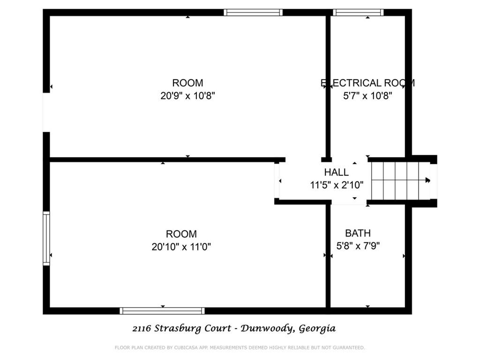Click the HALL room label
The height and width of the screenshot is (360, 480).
point(336,172)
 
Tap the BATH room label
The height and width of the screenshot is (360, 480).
point(358,233)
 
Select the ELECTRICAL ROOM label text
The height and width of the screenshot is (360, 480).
point(367,83)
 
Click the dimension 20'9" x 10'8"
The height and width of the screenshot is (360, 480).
point(187,96)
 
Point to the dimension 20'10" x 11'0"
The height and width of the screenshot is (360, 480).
point(181,247)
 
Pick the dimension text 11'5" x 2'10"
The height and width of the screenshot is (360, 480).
point(337,185)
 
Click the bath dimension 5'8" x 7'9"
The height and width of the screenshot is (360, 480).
point(358,245)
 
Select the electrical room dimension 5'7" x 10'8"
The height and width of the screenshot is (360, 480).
point(367,96)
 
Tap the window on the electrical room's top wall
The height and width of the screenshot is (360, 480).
point(358,13)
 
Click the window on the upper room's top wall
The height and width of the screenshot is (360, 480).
point(253,13)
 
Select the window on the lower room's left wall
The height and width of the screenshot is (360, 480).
point(46,239)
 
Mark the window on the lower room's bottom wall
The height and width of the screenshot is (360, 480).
point(162,310)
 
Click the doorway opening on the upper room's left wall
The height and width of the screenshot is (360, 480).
point(46,112)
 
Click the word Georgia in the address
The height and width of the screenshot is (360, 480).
point(317,329)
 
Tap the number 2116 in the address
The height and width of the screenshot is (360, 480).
point(142,329)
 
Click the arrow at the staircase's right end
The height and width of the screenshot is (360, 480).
point(427,180)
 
